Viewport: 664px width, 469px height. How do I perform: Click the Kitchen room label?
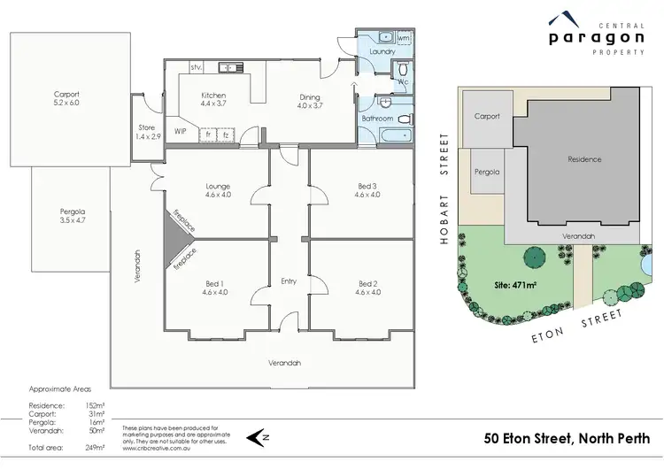213,96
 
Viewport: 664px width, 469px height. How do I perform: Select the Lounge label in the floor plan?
218,187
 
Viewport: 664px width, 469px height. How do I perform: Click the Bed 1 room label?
214,284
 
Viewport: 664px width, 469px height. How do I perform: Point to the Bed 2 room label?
367,284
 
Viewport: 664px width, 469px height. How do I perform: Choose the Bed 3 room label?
367,186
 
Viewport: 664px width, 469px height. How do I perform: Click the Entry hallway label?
289,281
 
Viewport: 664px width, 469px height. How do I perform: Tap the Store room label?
146,127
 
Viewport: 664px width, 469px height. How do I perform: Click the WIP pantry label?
181,131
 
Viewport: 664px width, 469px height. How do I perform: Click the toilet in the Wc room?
403,70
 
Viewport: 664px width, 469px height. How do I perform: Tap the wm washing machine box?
403,39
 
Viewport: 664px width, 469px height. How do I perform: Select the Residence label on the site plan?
584,159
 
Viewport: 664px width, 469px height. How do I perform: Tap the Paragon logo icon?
561,19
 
